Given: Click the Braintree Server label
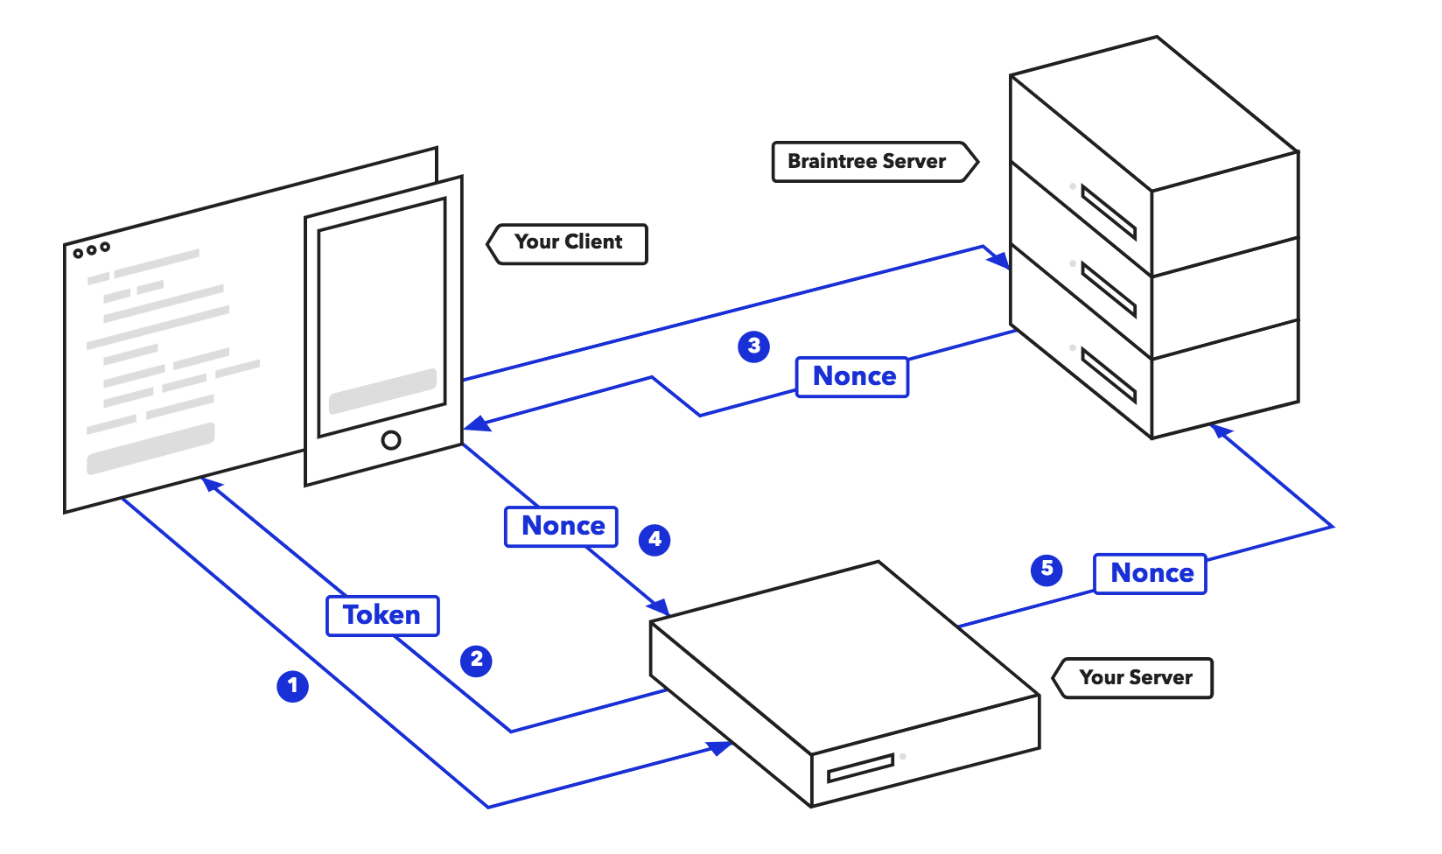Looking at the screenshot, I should click(867, 162).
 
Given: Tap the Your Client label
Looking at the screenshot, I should click(569, 242).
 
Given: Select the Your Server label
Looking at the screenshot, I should click(1136, 677).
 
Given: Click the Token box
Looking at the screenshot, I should click(382, 615).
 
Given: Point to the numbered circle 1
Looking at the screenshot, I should click(293, 685).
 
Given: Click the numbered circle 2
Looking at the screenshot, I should click(476, 660).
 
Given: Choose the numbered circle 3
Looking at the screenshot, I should click(753, 346).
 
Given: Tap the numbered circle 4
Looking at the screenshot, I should click(654, 539).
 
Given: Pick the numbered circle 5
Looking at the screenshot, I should click(1046, 570).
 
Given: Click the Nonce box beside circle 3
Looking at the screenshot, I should click(853, 376).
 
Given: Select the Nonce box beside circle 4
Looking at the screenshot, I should click(562, 526).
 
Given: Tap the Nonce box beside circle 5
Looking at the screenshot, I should click(1151, 573).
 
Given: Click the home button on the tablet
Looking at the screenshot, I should click(391, 440).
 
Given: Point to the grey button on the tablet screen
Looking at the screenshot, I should click(382, 390).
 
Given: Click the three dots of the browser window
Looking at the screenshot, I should click(91, 250).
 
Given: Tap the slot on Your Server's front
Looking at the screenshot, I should click(861, 767).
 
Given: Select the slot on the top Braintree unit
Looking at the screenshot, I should click(1108, 212).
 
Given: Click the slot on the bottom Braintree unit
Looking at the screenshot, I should click(1108, 374).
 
